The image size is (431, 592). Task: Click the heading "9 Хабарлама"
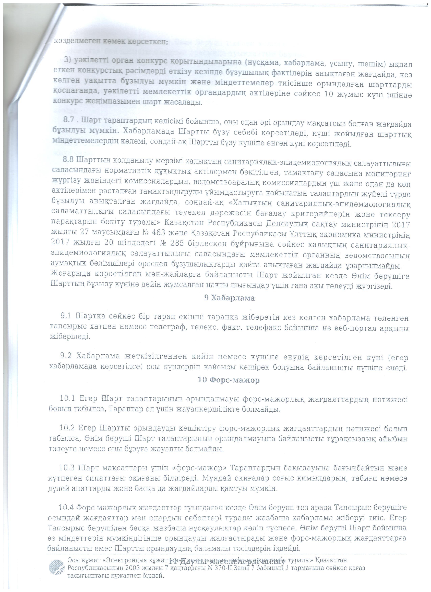coord(230,298)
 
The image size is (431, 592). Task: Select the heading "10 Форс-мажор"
coord(229,380)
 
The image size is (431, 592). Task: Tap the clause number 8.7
coord(69,120)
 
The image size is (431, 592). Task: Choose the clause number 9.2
coord(66,356)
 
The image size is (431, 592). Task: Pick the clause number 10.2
coord(67,428)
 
